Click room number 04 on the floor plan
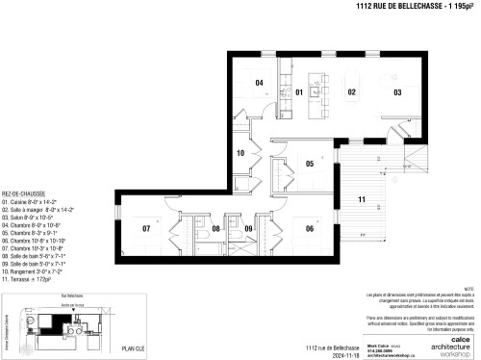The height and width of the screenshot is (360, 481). [259, 84]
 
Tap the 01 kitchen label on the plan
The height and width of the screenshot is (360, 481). [299, 92]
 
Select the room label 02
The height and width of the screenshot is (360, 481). [352, 92]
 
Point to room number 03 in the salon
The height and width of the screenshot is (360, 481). [396, 92]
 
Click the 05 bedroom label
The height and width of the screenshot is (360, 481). [310, 164]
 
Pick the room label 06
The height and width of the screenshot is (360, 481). [310, 228]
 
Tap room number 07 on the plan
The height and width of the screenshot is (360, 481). [147, 229]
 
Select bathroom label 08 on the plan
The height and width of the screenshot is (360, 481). [216, 229]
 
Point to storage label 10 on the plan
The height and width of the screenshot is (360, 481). [241, 153]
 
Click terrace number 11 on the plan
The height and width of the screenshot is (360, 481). [361, 199]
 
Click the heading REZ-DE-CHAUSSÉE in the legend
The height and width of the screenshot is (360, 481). [24, 193]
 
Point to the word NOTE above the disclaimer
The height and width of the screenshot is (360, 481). [469, 287]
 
